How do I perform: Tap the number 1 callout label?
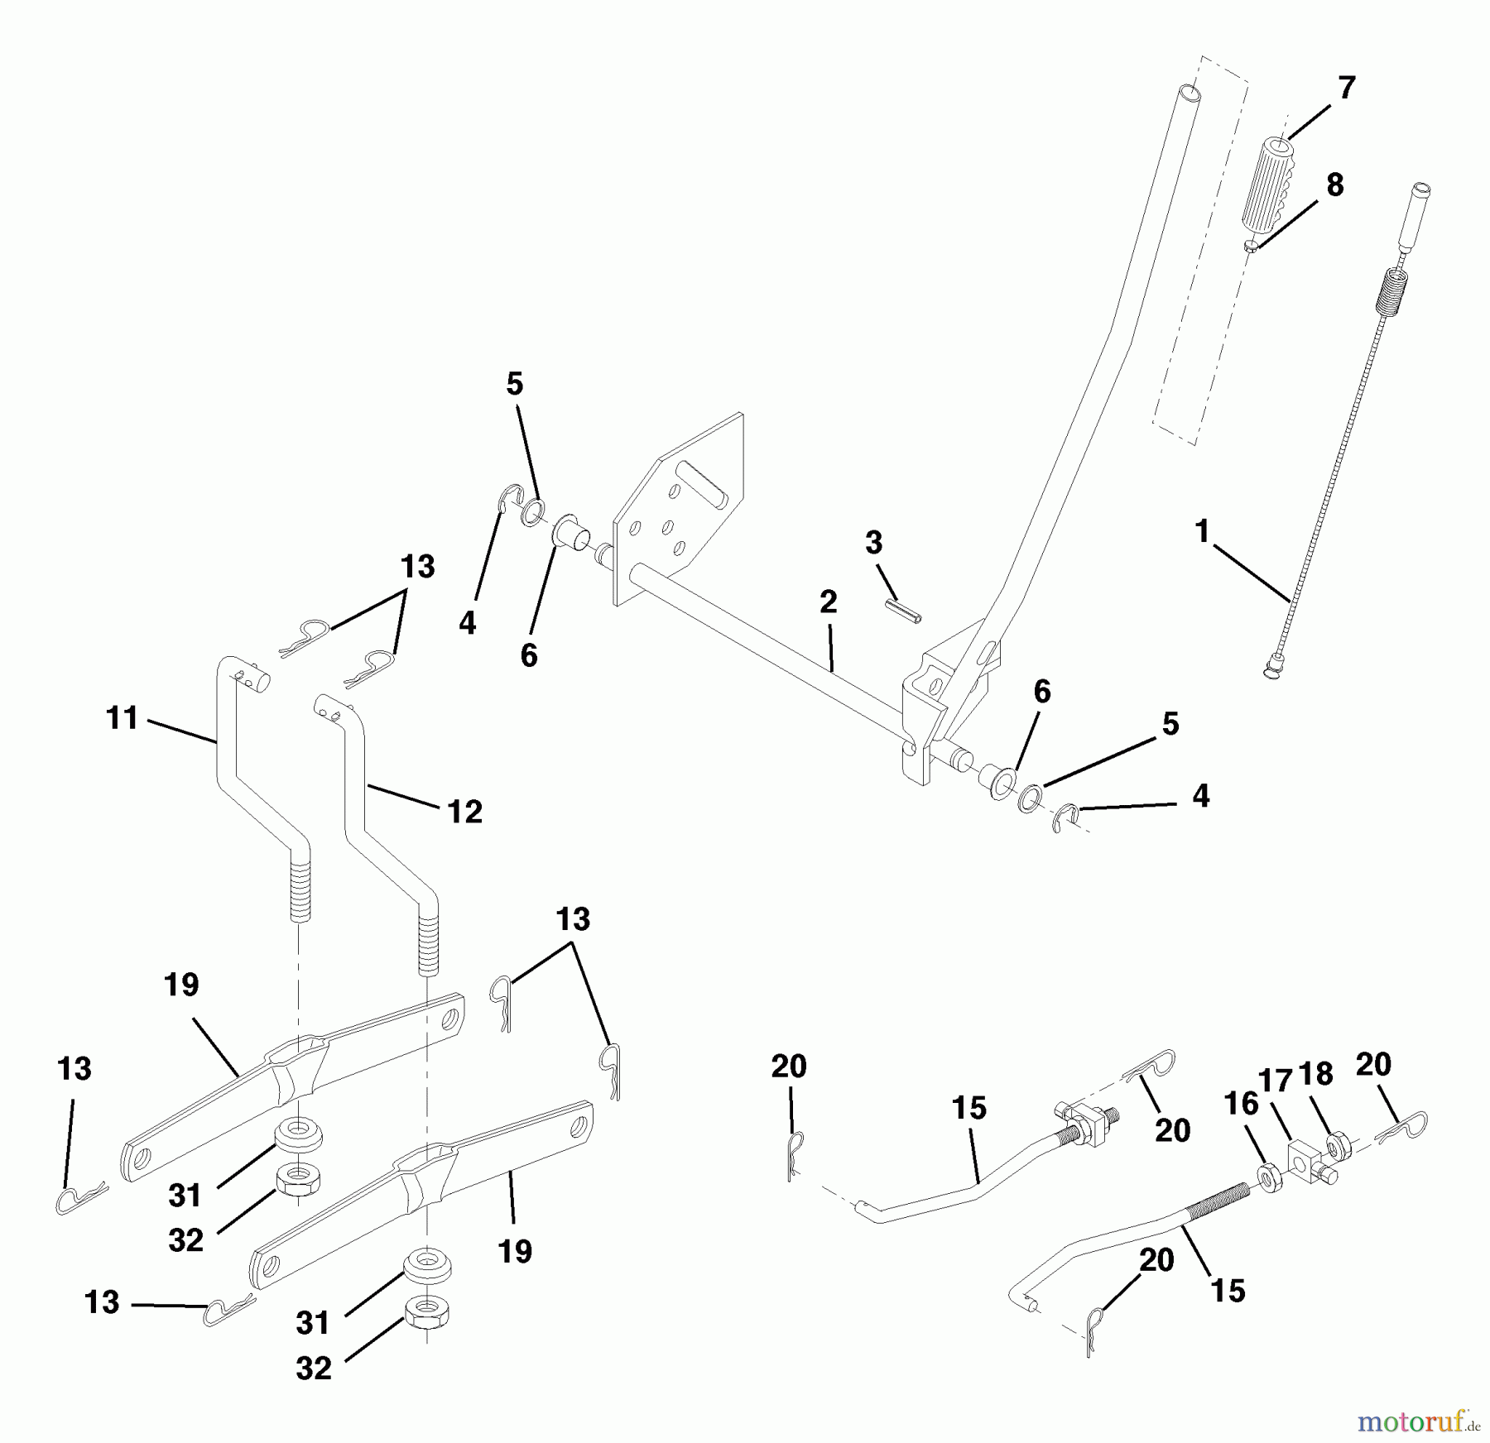[x=1203, y=531]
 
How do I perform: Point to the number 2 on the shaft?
[x=828, y=602]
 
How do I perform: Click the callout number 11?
[x=122, y=717]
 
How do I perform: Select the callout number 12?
[x=464, y=812]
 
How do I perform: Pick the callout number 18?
[x=1316, y=1075]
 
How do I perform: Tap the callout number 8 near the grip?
[x=1334, y=184]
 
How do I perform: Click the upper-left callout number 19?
[x=181, y=985]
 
